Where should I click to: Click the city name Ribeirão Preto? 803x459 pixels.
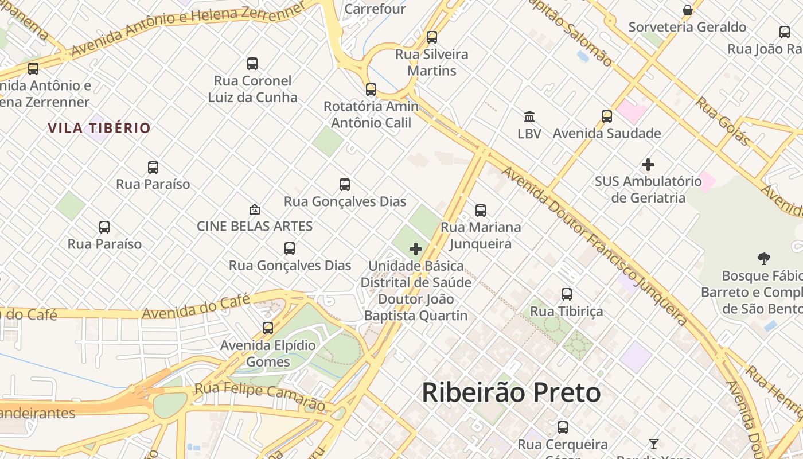[511, 393]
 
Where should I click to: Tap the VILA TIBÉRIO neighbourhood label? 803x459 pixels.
[99, 128]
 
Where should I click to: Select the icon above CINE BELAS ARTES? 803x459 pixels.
[254, 210]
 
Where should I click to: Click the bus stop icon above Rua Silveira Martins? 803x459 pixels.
[431, 37]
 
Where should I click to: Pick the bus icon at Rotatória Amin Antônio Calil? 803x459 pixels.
[371, 90]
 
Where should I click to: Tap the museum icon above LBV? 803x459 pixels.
[529, 116]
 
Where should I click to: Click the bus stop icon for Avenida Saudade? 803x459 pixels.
[607, 116]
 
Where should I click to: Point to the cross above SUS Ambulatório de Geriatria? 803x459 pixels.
[648, 165]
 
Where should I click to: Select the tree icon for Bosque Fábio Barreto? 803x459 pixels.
[763, 259]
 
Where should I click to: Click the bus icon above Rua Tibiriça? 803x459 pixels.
[567, 294]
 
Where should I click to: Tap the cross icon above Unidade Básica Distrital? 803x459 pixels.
[416, 249]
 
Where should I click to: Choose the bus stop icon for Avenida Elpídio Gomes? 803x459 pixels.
[268, 328]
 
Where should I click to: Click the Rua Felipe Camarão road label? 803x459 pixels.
[259, 396]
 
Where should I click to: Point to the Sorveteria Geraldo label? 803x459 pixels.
[687, 27]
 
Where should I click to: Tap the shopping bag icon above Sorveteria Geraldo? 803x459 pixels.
[687, 10]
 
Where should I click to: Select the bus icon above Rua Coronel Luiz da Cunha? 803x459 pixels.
[252, 64]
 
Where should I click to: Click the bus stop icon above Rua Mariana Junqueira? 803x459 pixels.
[481, 211]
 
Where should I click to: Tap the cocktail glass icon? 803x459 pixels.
[653, 444]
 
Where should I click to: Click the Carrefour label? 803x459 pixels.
[375, 9]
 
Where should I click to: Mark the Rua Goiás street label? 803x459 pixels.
[723, 121]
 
